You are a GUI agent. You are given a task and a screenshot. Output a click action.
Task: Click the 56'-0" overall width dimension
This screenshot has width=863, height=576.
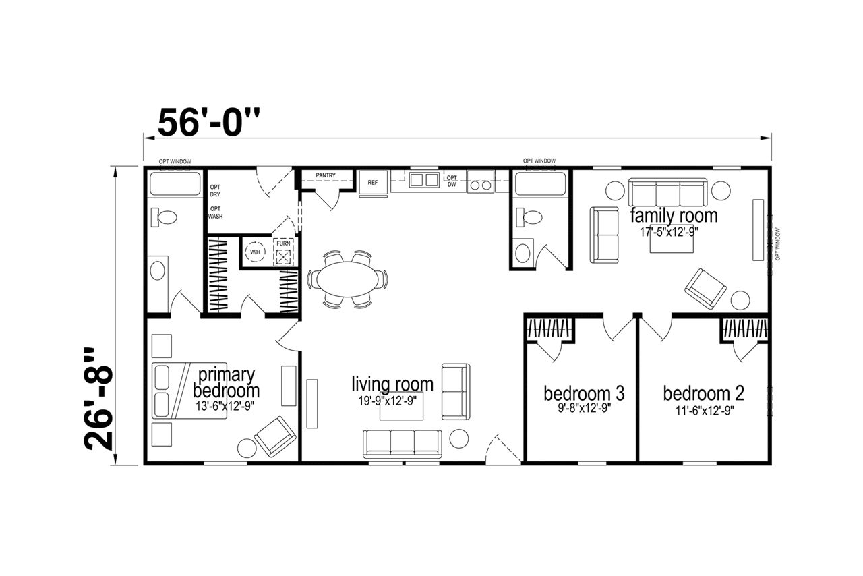pos(209,123)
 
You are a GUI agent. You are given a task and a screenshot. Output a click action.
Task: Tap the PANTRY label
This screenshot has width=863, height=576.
pos(326,175)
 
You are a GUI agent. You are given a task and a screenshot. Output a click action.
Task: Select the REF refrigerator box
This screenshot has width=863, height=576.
pos(373,183)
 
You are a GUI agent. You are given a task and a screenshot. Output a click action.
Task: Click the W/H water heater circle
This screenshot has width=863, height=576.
pos(255,252)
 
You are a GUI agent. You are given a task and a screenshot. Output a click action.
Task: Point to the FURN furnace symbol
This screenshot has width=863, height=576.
pos(283,252)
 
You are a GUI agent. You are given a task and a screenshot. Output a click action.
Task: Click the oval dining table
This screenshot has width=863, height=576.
pos(347,279)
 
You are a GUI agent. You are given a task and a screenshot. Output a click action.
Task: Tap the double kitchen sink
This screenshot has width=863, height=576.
pos(424,180)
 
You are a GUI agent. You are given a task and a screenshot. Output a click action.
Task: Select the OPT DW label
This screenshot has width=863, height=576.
pos(452,181)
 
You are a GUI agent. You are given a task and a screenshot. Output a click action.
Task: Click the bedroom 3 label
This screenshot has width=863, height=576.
pos(584,393)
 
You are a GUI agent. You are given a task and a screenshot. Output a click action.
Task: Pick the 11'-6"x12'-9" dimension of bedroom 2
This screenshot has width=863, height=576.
pos(705,411)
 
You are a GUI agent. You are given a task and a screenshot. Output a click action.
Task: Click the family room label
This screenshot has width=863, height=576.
pos(674,216)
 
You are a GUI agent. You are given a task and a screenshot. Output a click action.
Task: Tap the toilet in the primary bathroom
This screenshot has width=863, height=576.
pos(164,217)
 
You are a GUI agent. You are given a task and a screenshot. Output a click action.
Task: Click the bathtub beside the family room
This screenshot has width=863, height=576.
pos(540,184)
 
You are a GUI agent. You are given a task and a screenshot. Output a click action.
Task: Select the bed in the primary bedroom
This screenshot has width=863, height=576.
pos(189,390)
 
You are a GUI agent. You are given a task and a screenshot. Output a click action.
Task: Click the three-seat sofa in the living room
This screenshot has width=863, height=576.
pos(403,444)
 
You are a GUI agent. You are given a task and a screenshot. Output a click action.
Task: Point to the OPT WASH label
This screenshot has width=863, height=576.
pos(215,212)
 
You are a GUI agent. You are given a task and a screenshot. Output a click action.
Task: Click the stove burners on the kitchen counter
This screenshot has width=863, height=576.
pos(481,185)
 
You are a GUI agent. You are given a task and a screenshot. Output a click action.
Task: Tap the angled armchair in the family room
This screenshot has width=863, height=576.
pos(705,289)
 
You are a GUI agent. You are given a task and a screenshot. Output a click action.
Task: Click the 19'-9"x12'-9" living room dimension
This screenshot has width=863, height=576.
pos(388,401)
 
